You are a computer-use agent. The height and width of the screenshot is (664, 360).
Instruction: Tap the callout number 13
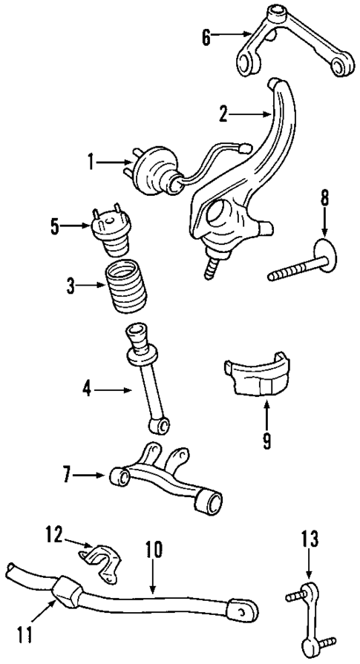[x=310, y=539]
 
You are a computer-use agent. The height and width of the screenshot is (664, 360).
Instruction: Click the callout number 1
[x=91, y=161]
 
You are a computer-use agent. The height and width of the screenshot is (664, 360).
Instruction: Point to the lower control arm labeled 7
[x=167, y=479]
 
